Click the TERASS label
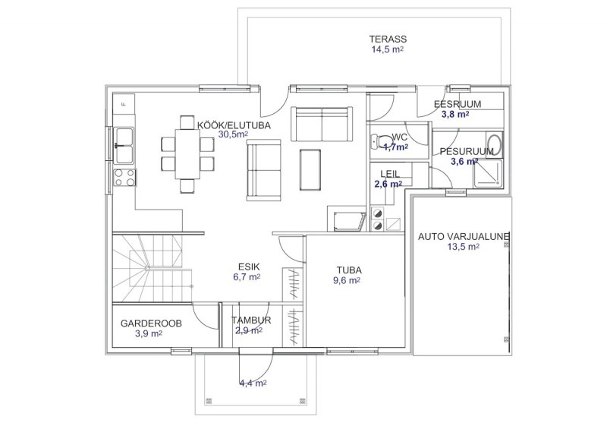(x=388, y=39)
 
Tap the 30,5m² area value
(x=233, y=134)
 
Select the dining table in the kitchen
(x=187, y=154)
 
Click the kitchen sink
(x=124, y=146)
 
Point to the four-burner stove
(x=124, y=178)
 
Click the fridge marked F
(x=124, y=104)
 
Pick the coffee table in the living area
(x=310, y=170)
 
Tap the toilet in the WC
(x=380, y=141)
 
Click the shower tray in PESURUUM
(x=487, y=174)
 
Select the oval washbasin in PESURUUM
(x=494, y=145)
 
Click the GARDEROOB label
(x=151, y=323)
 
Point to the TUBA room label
(x=349, y=270)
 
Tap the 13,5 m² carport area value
(x=464, y=247)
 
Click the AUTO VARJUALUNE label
(x=464, y=236)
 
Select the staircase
(x=153, y=268)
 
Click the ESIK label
(x=249, y=267)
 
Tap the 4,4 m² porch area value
(x=253, y=383)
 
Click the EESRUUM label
(x=458, y=104)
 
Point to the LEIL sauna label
(x=390, y=174)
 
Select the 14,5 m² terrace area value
(x=388, y=49)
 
